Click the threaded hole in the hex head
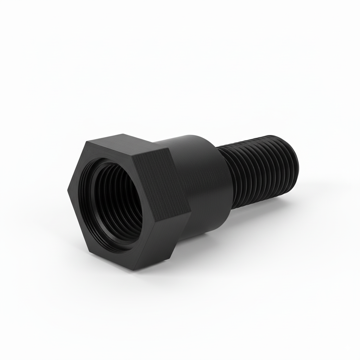click(x=116, y=204)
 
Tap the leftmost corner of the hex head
click(x=67, y=190)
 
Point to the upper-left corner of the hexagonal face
click(x=86, y=142)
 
